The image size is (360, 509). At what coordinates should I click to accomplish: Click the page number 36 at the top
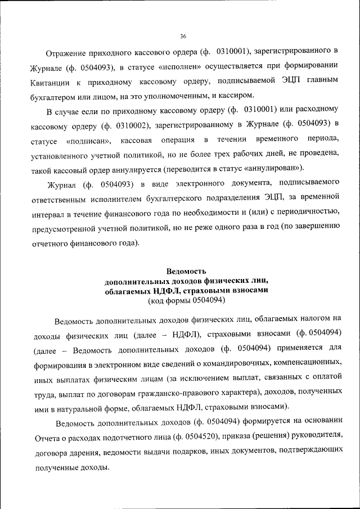click(183, 37)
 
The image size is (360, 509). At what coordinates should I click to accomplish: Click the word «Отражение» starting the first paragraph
click(69, 53)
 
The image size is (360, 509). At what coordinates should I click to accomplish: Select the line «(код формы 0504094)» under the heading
click(186, 301)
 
